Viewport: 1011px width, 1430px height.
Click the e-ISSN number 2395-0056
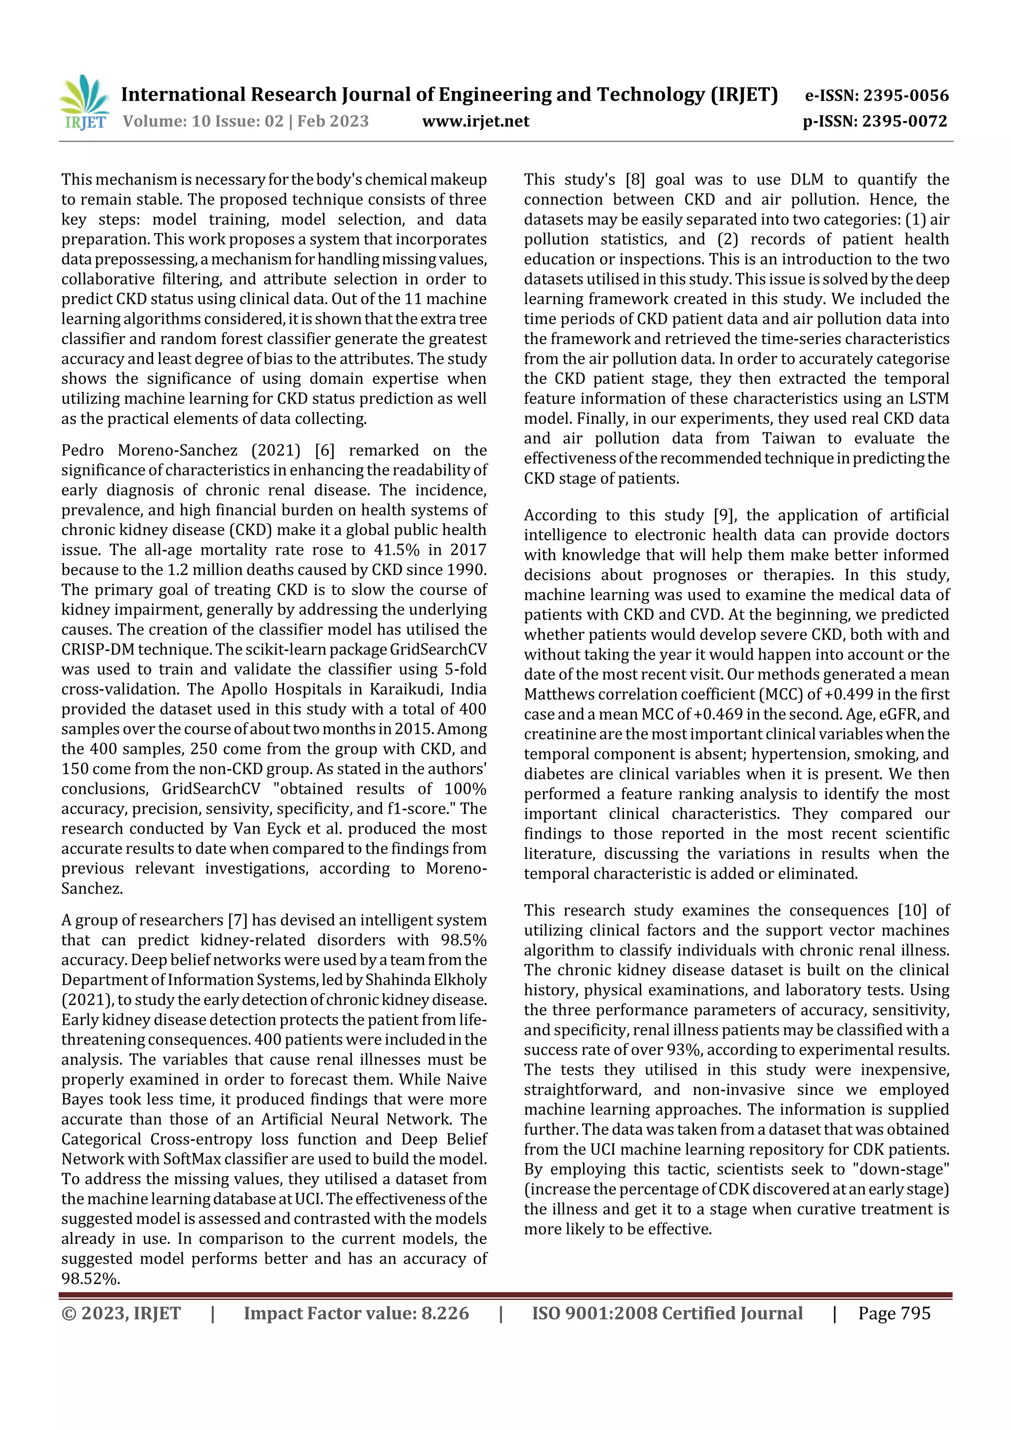coord(905,95)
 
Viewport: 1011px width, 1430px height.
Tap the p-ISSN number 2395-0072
coord(904,121)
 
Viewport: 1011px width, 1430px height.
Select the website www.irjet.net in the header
coord(475,121)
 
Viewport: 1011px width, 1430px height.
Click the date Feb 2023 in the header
coord(333,121)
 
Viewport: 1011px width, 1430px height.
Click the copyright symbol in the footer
coord(69,1313)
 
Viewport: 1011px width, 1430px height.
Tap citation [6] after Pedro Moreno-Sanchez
coord(324,450)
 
